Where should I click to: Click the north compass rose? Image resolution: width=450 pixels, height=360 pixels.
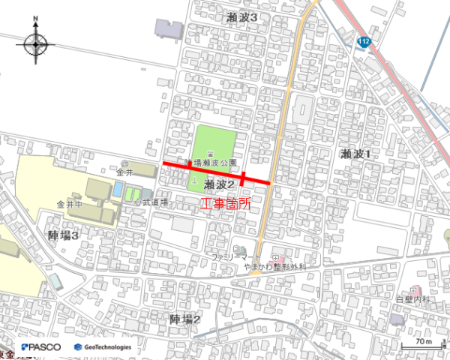click(x=36, y=44)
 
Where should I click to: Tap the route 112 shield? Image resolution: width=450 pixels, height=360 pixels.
click(x=364, y=41)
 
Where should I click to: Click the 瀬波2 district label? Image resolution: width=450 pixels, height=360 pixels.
click(x=220, y=184)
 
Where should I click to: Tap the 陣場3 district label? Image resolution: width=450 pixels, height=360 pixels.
click(x=64, y=235)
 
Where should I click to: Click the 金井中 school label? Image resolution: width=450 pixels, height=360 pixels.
click(x=68, y=204)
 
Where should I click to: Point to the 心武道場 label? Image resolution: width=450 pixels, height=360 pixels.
click(x=151, y=202)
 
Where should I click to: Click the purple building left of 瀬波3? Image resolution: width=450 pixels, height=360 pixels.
click(x=169, y=28)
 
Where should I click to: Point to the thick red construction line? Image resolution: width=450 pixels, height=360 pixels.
click(x=217, y=173)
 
